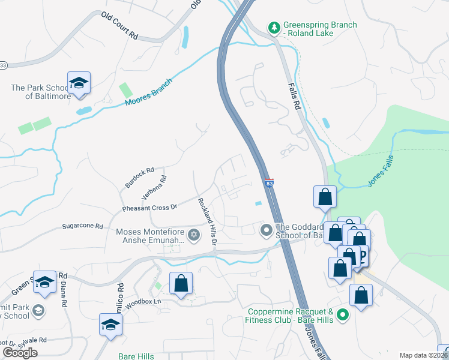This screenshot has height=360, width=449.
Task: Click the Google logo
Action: click(20, 353)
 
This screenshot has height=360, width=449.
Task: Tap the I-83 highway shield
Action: click(270, 182)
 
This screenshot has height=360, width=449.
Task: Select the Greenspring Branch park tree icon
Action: click(274, 28)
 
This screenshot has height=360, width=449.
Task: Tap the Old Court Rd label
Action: click(119, 26)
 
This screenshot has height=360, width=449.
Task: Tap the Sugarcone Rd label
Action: click(83, 227)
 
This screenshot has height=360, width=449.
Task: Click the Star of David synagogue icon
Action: click(193, 235)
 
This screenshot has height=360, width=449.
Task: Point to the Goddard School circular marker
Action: click(266, 230)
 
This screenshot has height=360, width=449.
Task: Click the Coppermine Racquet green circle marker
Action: click(343, 314)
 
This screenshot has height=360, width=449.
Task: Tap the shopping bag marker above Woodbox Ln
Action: click(181, 283)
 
